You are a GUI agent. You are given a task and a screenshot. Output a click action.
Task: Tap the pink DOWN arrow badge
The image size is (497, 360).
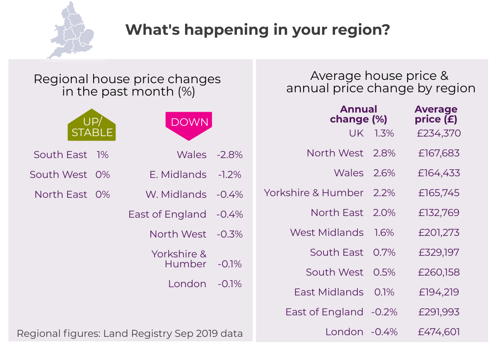189,124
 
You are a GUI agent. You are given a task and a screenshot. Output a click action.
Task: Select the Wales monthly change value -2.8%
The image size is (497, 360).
229,155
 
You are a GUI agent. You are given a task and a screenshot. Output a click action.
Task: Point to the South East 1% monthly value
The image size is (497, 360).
102,155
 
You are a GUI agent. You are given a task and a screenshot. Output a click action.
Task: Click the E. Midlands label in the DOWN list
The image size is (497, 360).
178,175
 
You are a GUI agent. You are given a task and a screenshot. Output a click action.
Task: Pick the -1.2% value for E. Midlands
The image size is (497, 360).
229,175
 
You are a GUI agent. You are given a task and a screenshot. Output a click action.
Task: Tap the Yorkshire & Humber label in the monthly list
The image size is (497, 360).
179,259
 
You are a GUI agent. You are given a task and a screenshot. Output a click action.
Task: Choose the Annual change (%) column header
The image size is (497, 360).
358,115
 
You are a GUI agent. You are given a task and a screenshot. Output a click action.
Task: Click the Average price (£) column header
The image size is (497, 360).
436,115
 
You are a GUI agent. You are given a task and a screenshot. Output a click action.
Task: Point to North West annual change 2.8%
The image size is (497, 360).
384,153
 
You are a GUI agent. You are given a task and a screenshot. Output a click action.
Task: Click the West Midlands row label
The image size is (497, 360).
327,233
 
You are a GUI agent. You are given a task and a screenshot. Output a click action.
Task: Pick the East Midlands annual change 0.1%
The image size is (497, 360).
384,292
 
